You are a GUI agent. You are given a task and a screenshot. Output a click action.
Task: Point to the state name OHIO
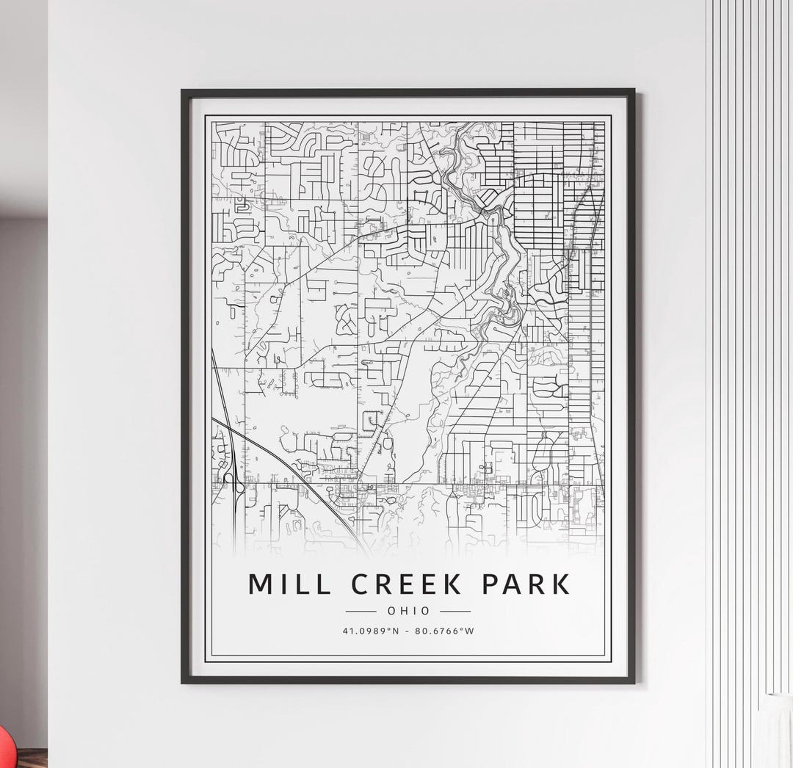coord(408,611)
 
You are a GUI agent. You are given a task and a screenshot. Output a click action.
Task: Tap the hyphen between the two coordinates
coord(408,630)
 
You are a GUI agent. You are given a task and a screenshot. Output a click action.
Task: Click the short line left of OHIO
coord(361,611)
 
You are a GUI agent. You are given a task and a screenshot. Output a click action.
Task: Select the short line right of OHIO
coord(455,611)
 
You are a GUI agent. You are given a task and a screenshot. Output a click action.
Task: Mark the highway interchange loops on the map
coord(233,484)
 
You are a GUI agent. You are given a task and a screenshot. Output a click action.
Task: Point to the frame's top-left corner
coord(184,92)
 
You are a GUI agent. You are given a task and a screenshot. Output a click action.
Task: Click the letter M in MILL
coord(260,584)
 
